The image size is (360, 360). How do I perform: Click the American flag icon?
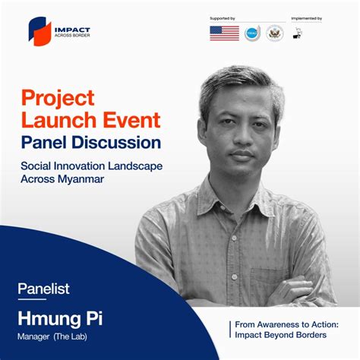point(224,33)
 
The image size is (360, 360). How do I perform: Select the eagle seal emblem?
point(274,33)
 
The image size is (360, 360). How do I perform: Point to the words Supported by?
point(223,17)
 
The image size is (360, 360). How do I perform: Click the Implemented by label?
point(306,17)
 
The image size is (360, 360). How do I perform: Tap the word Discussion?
point(119,142)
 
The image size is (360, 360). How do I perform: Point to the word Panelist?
point(43,288)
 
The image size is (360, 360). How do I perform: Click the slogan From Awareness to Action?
point(287,323)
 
